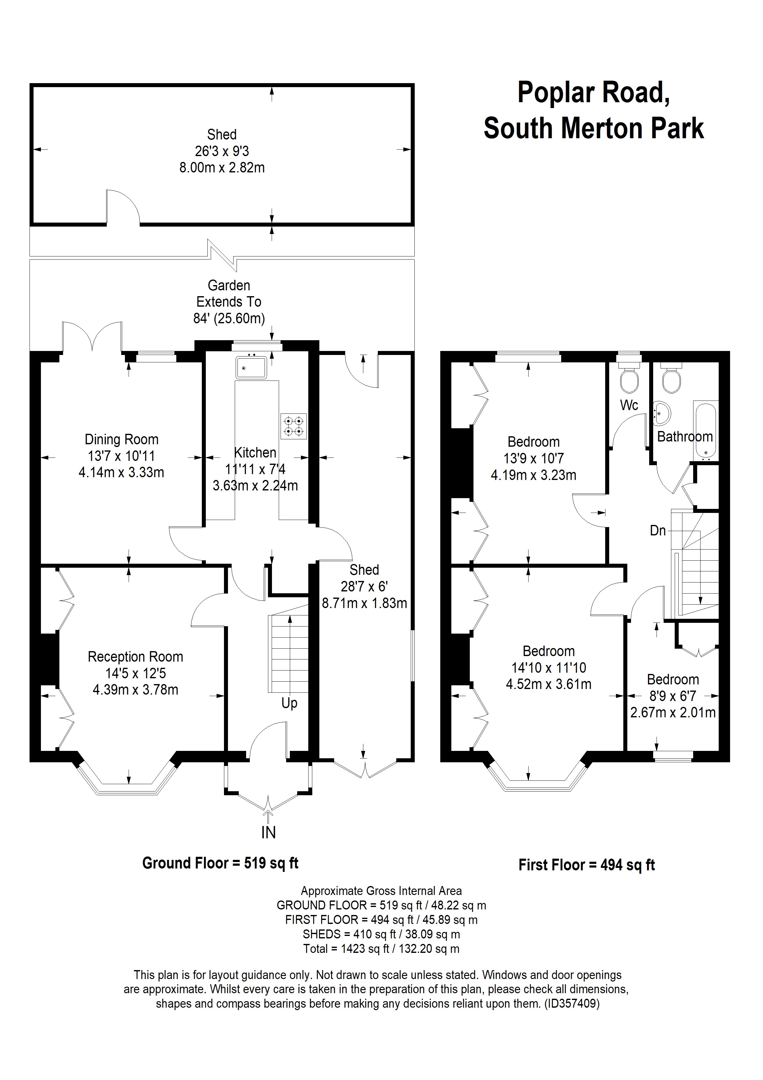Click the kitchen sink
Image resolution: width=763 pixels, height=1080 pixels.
point(251,367)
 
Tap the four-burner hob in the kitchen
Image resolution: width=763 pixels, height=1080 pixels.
point(294,426)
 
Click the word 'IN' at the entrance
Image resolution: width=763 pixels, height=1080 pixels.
point(269,832)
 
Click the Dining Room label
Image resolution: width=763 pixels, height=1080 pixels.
point(121,439)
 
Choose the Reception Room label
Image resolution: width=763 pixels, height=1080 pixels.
point(135,657)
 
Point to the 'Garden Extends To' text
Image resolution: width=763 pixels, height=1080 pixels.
point(229,293)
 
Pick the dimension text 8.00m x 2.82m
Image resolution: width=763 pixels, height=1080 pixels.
point(222,167)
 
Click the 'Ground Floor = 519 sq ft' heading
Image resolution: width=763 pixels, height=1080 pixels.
point(221,863)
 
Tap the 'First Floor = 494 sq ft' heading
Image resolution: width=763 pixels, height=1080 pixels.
point(587,865)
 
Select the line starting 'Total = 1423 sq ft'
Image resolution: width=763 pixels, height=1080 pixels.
point(381,949)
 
